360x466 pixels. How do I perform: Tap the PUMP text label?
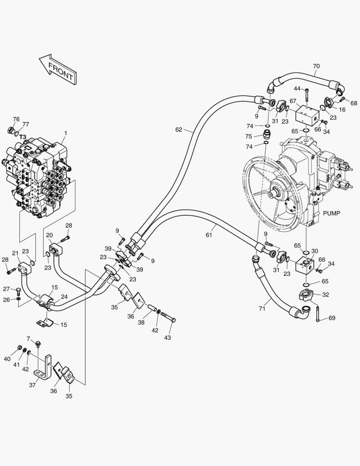332,213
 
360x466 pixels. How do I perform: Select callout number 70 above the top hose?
316,66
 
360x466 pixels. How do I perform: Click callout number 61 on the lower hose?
209,235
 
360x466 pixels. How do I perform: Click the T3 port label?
22,137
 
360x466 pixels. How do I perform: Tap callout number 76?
16,119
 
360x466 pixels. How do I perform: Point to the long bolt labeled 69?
317,313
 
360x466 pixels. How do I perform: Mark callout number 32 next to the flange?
326,295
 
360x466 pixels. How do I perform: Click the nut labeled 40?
20,348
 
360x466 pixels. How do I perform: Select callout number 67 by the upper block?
293,101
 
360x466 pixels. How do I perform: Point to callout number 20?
49,235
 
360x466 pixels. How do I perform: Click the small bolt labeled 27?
18,290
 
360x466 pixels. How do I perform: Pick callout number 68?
354,103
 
